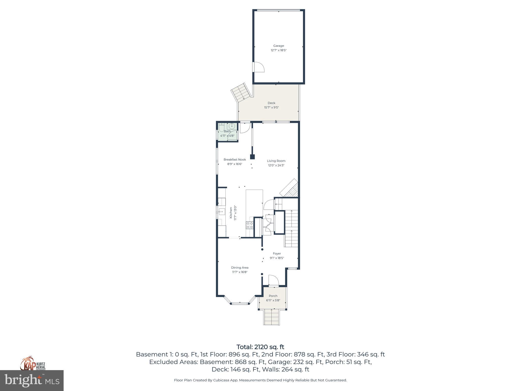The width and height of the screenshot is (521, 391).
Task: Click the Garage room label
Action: (279, 46)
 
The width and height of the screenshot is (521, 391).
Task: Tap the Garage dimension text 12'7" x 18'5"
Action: (279, 50)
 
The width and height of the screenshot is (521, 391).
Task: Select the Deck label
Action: (271, 103)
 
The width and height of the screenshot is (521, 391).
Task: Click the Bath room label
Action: (227, 131)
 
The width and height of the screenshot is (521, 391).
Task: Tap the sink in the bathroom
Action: (232, 126)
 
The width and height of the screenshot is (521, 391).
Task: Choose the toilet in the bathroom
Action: (222, 127)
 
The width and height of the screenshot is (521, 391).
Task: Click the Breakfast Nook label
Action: (235, 160)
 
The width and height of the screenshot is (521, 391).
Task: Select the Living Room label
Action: (276, 161)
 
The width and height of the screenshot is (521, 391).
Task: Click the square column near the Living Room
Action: (252, 157)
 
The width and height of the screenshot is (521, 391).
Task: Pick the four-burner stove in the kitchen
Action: (250, 225)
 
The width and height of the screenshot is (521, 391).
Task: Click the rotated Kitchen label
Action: (231, 213)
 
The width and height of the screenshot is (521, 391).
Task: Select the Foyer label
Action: (277, 254)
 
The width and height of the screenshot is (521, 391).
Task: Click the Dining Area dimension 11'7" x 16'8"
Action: (240, 272)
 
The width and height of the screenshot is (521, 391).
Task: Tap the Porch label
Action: (273, 296)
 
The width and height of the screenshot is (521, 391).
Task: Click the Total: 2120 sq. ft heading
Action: (260, 347)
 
